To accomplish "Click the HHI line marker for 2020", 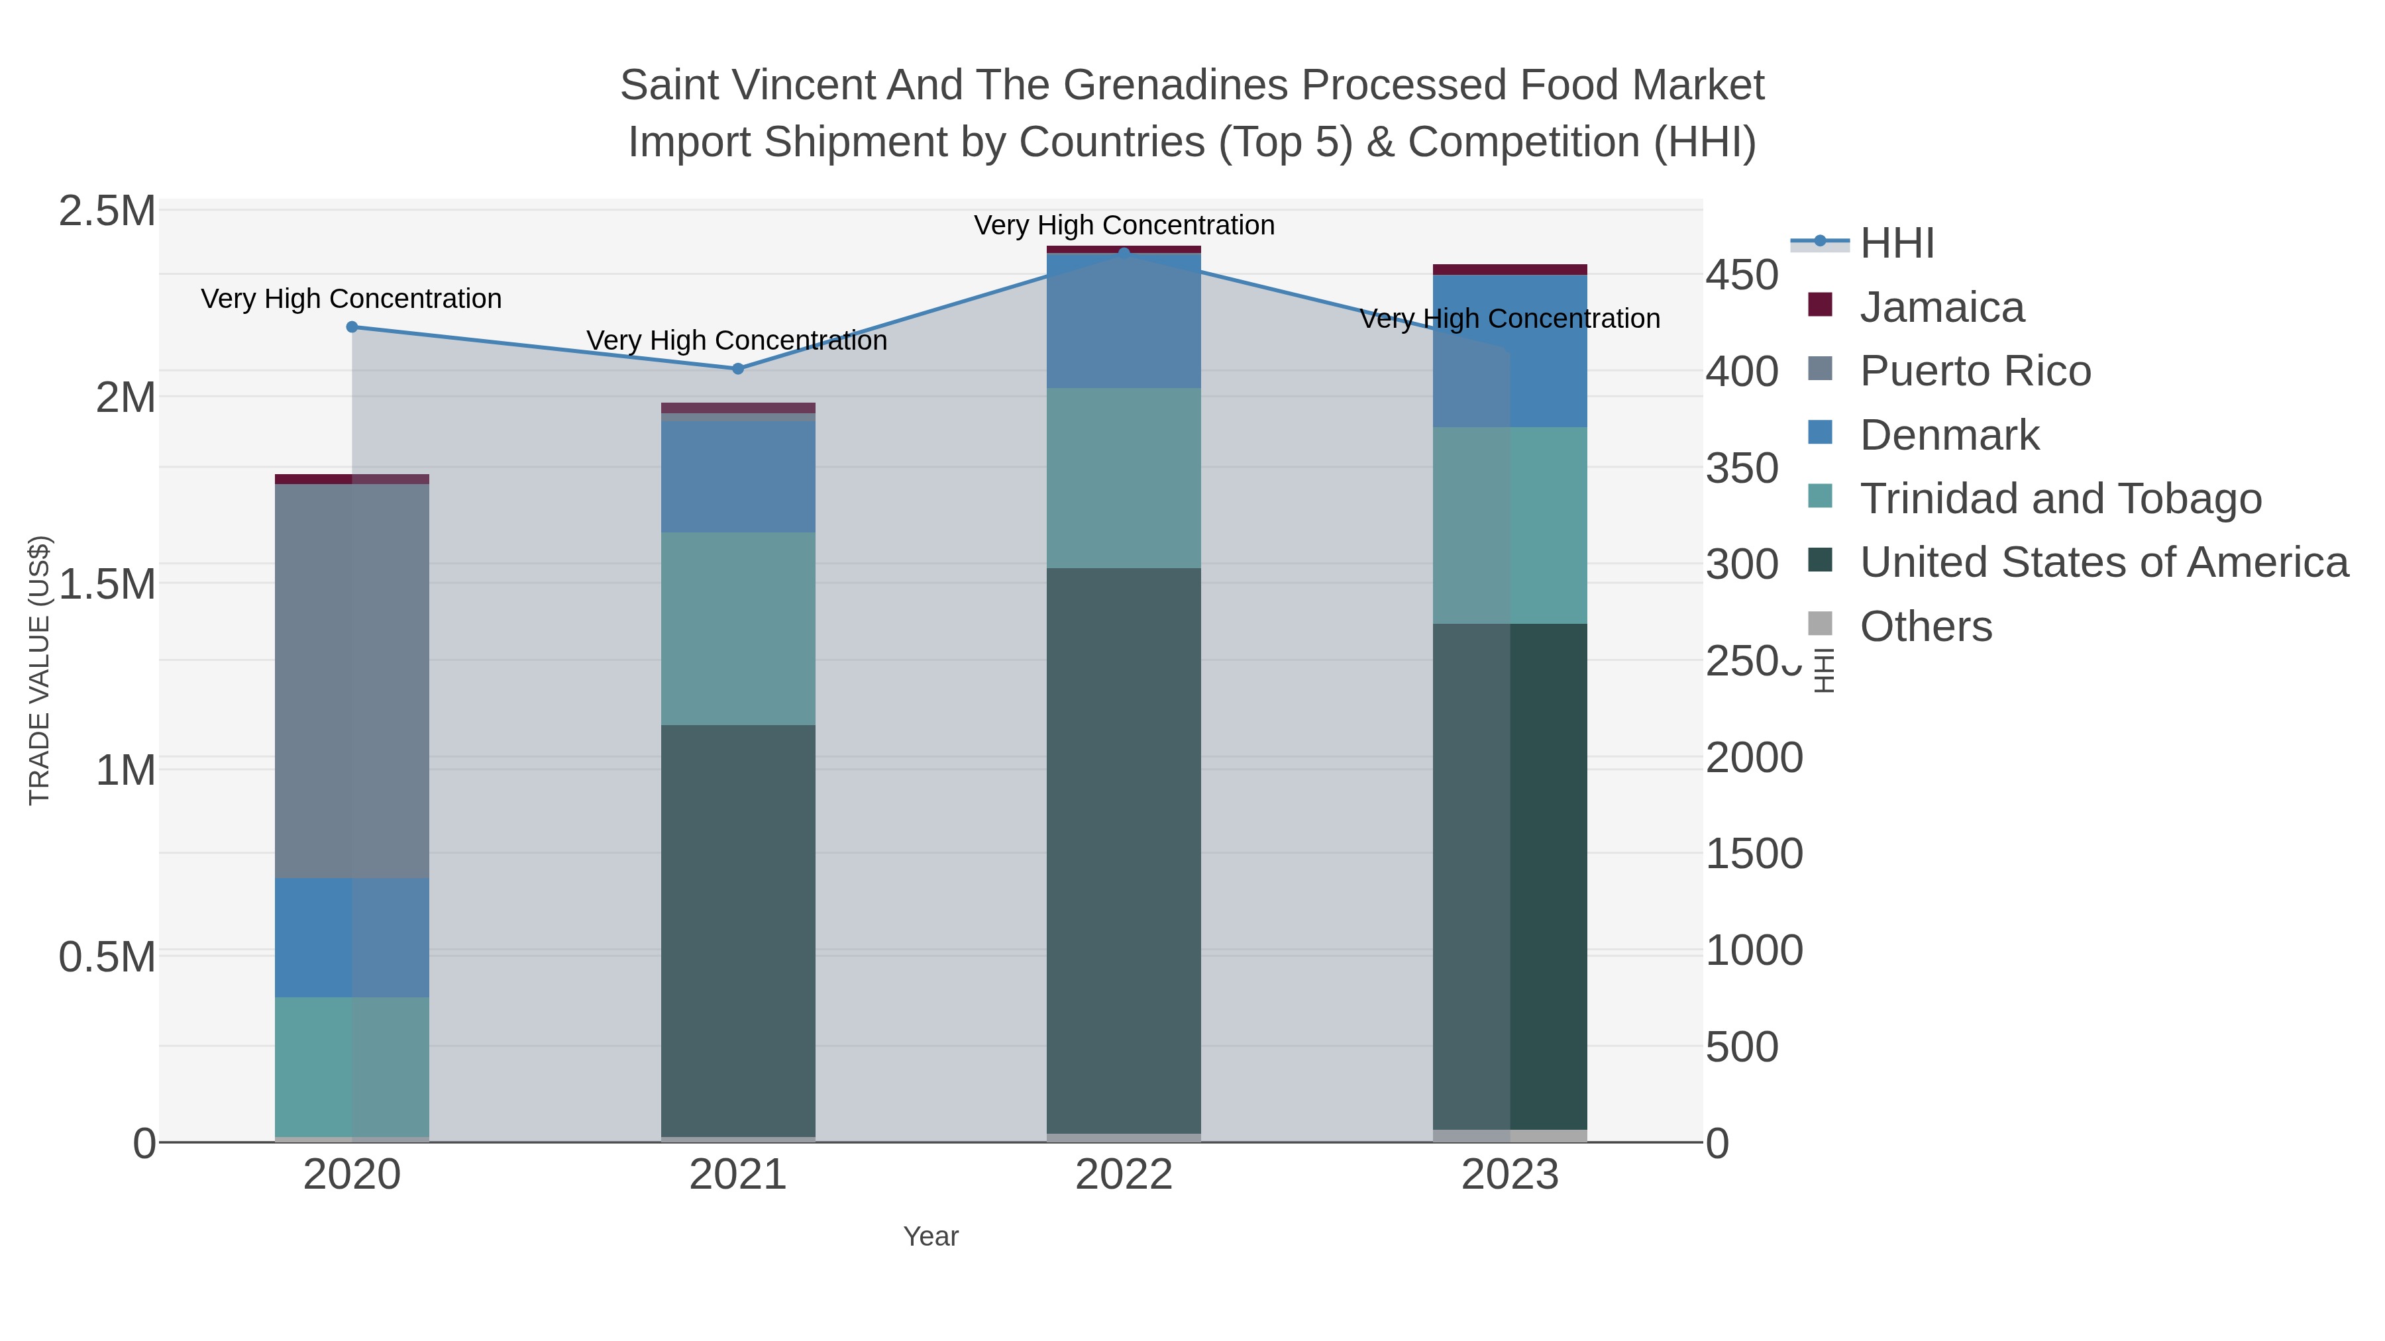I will click(x=352, y=326).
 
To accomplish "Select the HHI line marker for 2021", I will click(x=738, y=368).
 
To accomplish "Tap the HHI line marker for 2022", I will click(x=1124, y=253).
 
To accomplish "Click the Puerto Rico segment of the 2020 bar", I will click(x=352, y=680).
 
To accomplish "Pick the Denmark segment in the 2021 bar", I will click(x=738, y=477).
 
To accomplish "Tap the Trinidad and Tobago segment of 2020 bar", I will click(x=352, y=1066).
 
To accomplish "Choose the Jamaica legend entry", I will click(x=1942, y=307).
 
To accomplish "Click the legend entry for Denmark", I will click(x=1949, y=435).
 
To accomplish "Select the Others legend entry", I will click(x=1926, y=626).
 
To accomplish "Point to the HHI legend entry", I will click(x=1896, y=244).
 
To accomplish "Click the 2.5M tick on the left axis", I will click(x=107, y=211).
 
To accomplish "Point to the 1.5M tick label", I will click(x=107, y=584).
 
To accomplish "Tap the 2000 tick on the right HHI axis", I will click(x=1754, y=758).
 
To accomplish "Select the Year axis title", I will click(x=931, y=1236).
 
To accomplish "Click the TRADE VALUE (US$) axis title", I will click(x=39, y=670).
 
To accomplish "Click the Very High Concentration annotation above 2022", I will click(x=1124, y=225).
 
